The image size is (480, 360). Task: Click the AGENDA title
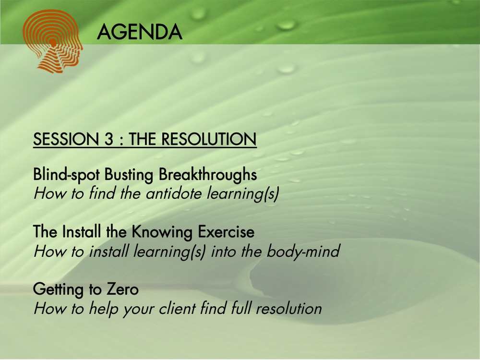[140, 32]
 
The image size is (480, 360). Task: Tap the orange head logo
[52, 41]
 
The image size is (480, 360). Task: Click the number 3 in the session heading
[108, 139]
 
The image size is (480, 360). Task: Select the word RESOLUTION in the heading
[209, 139]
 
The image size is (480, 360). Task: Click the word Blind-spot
[66, 175]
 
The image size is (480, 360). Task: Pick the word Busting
[129, 175]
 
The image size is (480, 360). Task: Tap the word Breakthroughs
[207, 175]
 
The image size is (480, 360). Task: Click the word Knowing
[162, 232]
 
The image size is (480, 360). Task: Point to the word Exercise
[226, 231]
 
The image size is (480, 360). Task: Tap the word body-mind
[303, 252]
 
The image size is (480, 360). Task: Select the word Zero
[122, 289]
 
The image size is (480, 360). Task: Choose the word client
[177, 308]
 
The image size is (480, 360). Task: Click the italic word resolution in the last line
[288, 308]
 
